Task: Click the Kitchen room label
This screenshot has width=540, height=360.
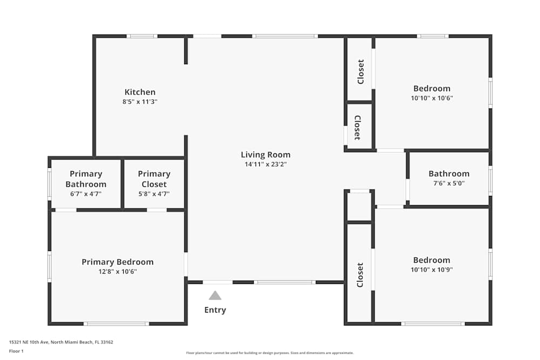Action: [140, 92]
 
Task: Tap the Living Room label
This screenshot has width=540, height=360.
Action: [266, 155]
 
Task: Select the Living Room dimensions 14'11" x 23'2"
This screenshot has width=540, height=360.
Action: [266, 164]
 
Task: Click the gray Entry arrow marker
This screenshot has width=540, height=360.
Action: [215, 296]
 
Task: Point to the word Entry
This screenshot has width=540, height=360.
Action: [215, 310]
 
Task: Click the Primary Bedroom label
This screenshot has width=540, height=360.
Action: [118, 262]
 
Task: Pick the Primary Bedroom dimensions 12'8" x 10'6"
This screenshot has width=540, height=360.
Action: [118, 271]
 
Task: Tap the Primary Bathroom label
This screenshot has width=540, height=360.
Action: [86, 179]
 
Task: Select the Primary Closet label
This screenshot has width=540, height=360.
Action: [154, 179]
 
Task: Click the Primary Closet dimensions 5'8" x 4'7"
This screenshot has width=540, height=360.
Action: [154, 194]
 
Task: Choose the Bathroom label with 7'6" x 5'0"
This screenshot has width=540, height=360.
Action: [449, 174]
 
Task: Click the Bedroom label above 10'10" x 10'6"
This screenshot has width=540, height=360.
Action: [431, 89]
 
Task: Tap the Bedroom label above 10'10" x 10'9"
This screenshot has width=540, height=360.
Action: [431, 260]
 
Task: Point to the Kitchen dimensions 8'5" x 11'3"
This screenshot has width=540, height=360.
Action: [140, 101]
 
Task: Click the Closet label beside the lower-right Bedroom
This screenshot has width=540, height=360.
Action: [360, 275]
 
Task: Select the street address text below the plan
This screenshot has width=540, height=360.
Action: [61, 342]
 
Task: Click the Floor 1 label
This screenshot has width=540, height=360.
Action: [16, 351]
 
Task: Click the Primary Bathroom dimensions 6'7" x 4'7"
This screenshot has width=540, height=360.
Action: [86, 194]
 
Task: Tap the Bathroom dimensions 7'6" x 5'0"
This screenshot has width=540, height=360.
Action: [449, 183]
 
